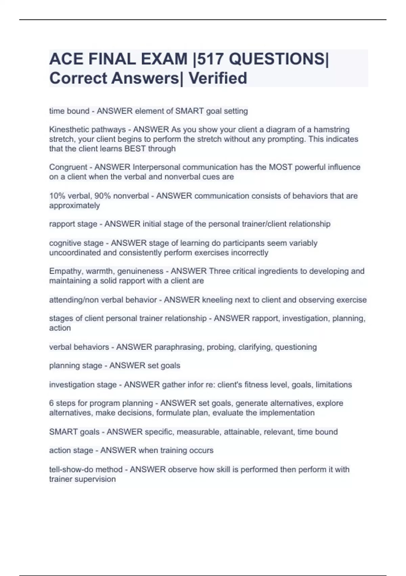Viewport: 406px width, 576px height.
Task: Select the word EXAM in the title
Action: (x=164, y=59)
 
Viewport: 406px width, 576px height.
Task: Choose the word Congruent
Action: (x=68, y=167)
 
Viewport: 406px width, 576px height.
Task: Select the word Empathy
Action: (x=65, y=271)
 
